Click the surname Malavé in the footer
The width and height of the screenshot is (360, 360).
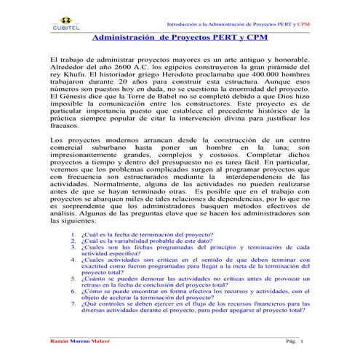[x=109, y=342]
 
